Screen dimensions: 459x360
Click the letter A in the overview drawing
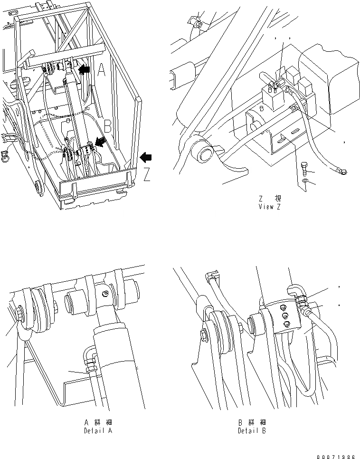click(102, 71)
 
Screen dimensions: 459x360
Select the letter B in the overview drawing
click(107, 127)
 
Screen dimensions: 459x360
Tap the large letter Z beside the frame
click(147, 175)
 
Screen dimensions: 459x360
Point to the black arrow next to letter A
click(84, 70)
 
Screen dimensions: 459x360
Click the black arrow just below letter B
click(101, 141)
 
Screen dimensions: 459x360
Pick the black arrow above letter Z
click(147, 157)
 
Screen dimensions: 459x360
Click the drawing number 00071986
click(335, 455)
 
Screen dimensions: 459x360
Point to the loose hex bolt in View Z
click(306, 168)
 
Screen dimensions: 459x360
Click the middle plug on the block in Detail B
click(284, 315)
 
